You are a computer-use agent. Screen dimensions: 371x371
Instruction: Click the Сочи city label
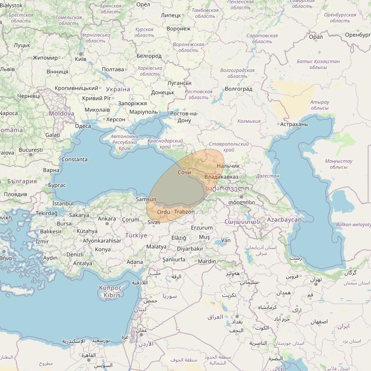184,172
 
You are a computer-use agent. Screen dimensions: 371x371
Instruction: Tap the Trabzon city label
185,212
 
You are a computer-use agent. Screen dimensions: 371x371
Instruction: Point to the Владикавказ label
221,177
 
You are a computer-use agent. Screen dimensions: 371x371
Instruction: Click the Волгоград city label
239,89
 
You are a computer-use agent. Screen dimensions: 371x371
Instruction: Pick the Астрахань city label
294,124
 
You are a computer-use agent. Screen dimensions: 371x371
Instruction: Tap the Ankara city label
107,219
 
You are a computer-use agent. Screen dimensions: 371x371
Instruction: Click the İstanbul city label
62,203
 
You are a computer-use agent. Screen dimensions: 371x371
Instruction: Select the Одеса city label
83,126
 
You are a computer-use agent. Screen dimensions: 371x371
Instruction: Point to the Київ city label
80,59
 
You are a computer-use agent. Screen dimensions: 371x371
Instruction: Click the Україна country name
118,89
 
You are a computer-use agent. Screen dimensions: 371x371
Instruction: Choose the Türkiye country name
136,235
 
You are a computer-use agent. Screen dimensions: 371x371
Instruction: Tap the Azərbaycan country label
284,219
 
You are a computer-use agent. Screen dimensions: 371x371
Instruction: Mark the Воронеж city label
179,29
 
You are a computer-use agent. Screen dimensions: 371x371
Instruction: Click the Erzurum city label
202,228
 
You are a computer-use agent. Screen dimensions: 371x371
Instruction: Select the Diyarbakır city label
190,248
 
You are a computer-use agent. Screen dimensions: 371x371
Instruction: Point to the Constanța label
75,159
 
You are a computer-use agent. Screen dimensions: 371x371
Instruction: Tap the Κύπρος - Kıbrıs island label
110,291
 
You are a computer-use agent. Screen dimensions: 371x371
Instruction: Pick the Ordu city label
163,212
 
